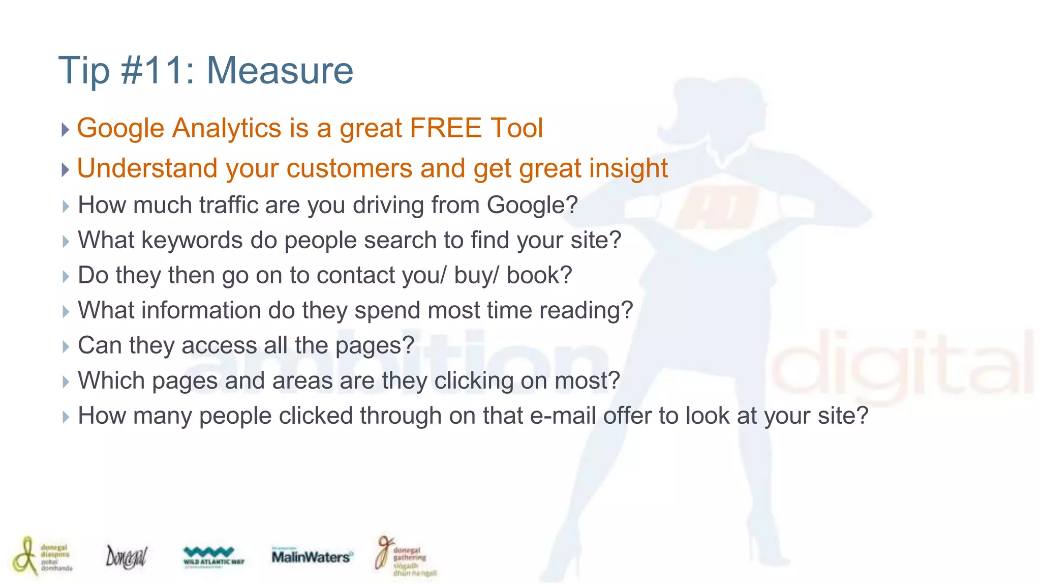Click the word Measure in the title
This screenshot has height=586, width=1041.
280,71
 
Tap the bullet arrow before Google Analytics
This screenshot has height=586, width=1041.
65,129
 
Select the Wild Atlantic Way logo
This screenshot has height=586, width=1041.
213,556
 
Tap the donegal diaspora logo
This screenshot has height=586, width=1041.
42,556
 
